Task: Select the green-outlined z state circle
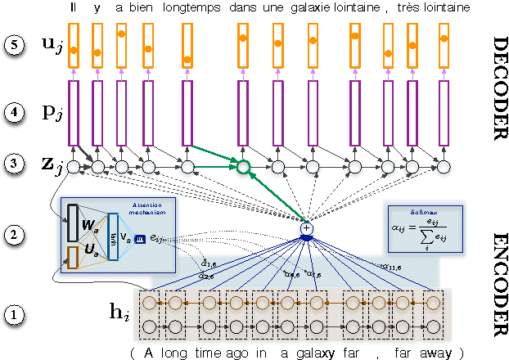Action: click(242, 167)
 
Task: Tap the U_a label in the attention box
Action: click(93, 246)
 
